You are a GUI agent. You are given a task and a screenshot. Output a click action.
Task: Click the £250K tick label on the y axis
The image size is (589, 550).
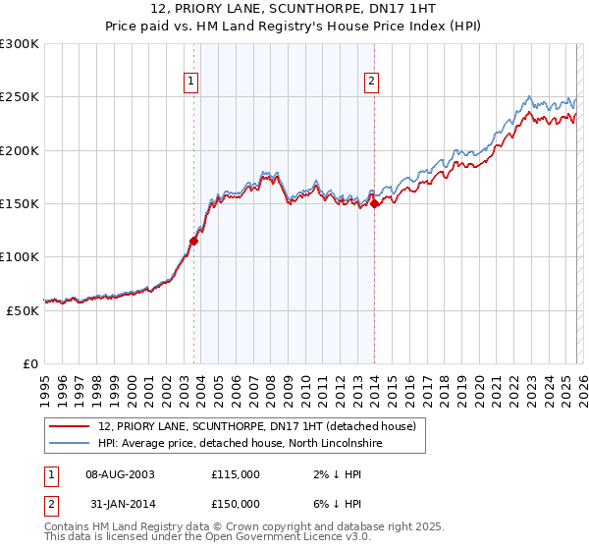[x=20, y=97]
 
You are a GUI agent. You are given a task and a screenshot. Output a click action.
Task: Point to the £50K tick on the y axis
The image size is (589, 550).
[x=23, y=309]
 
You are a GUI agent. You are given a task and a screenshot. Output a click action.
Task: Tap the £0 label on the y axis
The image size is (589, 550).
[x=30, y=362]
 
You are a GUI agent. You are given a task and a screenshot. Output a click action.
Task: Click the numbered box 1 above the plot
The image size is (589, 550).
[x=190, y=82]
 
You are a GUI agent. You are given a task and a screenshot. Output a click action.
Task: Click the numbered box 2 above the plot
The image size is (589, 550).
[x=372, y=82]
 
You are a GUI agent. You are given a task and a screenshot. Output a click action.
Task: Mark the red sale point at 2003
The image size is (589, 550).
[x=193, y=241]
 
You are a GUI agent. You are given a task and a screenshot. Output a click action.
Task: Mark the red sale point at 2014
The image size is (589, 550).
[x=375, y=203]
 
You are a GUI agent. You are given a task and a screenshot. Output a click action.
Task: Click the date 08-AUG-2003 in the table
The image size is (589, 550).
[x=121, y=474]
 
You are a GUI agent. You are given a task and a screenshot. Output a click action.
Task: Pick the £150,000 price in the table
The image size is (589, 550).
[x=236, y=504]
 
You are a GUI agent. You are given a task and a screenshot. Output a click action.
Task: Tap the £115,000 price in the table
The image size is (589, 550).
[x=236, y=474]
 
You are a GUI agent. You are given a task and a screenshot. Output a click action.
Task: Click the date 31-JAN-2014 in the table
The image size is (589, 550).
[x=120, y=504]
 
